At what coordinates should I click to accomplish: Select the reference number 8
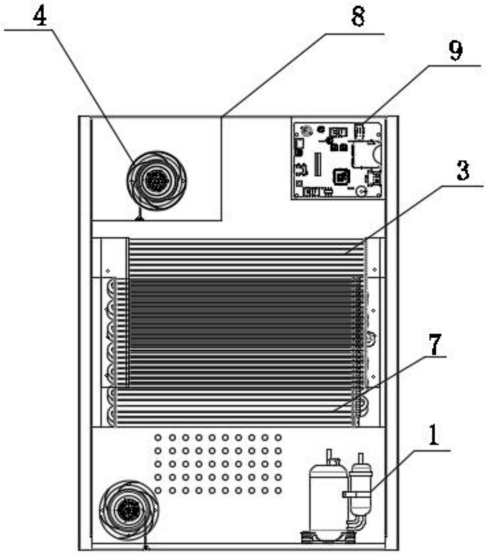(x=358, y=17)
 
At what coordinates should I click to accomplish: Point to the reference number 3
(x=463, y=171)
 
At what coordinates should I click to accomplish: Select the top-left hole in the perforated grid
(x=158, y=438)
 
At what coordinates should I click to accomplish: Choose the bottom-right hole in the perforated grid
(x=278, y=490)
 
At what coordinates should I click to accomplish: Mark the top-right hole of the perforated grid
(x=278, y=438)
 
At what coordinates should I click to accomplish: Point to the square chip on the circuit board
(x=341, y=176)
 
